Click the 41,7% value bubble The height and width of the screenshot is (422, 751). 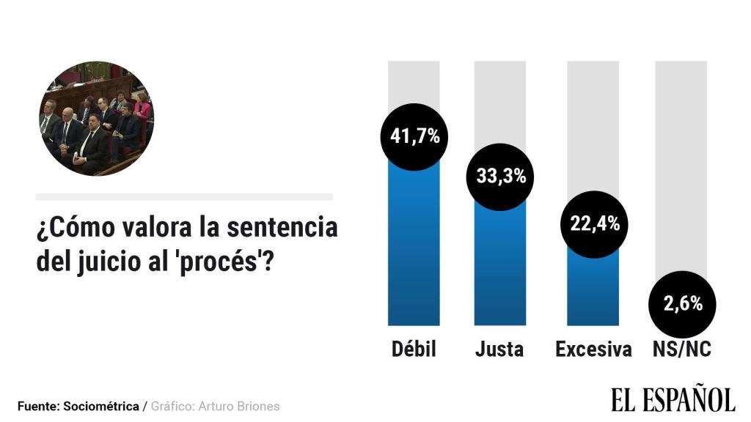pos(414,137)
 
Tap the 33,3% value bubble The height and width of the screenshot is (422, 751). pos(500,177)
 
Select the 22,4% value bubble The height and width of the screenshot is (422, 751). pos(594,224)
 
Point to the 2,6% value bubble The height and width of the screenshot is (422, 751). pos(683,304)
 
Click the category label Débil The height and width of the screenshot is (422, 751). pos(414,349)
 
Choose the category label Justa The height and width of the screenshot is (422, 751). pos(499,349)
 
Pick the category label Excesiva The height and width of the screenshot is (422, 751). pos(593,349)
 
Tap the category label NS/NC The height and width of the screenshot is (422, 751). pos(681,349)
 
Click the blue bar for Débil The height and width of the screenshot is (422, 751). pos(414,249)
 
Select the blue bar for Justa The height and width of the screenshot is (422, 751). pos(500,271)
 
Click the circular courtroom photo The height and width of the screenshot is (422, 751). pos(96,119)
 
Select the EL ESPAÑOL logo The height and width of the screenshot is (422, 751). pos(673,399)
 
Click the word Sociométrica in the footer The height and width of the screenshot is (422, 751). pos(101,406)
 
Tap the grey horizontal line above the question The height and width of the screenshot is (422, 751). pos(184,197)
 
